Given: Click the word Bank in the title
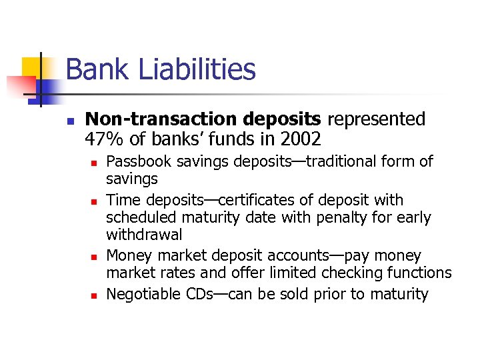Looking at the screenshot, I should coord(93,69).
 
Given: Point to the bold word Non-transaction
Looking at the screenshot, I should coord(162,119).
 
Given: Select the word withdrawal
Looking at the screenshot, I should coord(144,235).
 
